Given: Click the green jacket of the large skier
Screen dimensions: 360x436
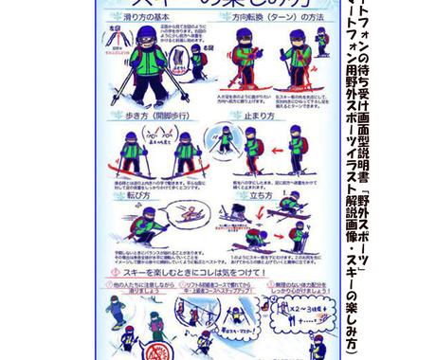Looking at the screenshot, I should pyautogui.click(x=148, y=66).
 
